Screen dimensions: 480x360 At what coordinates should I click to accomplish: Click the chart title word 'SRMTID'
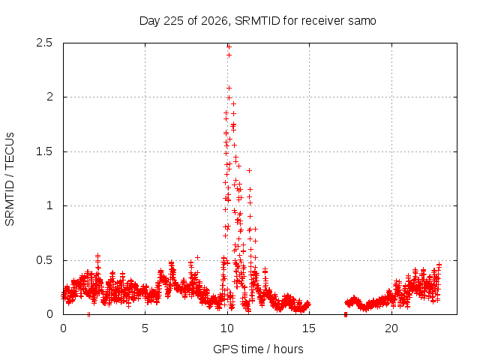point(257,21)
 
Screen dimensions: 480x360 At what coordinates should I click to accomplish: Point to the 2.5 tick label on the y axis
point(44,43)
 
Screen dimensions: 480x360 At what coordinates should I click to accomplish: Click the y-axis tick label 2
point(49,97)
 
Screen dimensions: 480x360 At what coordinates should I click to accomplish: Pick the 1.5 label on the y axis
point(44,151)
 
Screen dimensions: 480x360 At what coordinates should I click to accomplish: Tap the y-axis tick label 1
point(49,205)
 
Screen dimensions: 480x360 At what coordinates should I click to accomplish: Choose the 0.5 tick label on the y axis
point(44,260)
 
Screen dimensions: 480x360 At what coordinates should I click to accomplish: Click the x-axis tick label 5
point(145,328)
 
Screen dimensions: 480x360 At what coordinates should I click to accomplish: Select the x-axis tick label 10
point(227,328)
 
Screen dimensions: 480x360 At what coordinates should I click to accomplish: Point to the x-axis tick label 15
point(309,328)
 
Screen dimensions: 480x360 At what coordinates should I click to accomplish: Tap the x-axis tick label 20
point(391,328)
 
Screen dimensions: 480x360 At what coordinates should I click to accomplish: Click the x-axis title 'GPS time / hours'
point(258,349)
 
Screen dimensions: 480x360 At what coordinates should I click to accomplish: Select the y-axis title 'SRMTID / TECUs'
point(10,179)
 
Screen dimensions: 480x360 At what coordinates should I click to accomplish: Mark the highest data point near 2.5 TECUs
point(229,46)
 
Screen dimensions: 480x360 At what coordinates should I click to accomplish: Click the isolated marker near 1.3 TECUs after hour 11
point(250,170)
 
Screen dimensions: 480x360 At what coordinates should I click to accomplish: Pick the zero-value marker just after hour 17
point(346,314)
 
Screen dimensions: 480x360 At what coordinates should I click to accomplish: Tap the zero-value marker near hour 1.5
point(88,314)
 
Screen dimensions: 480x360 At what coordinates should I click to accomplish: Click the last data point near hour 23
point(439,264)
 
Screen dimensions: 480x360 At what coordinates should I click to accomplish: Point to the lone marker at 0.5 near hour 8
point(198,258)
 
